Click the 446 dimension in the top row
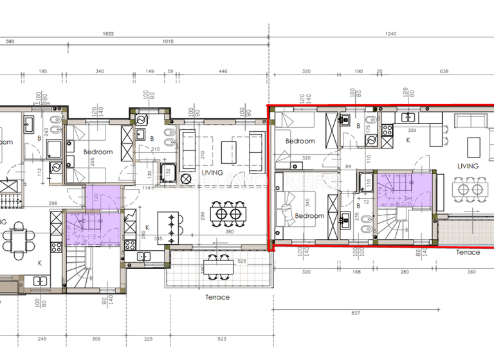coord(223,72)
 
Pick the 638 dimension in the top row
coord(444,72)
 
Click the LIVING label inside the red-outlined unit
coord(468,166)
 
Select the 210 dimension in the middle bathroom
coord(154,150)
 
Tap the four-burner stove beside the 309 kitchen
coord(388,130)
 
